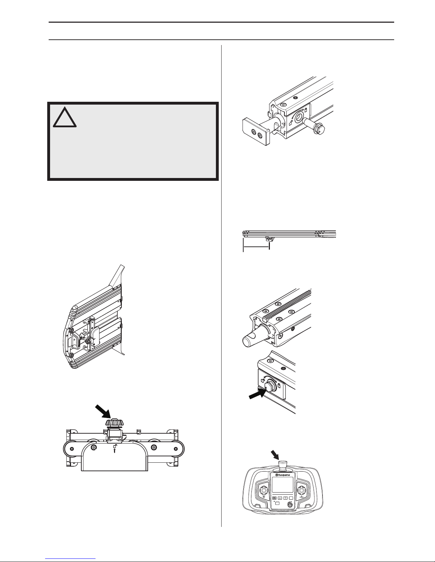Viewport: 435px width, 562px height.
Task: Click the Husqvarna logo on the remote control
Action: (x=282, y=475)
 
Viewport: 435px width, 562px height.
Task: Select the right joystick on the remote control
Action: (x=301, y=490)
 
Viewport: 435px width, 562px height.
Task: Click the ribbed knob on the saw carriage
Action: (x=114, y=423)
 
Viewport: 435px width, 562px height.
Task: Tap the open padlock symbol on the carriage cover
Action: (x=115, y=446)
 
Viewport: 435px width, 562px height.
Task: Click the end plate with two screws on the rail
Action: (x=256, y=132)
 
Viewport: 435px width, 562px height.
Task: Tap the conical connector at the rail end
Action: (x=255, y=338)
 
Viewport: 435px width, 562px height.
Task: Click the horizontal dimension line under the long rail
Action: (x=256, y=247)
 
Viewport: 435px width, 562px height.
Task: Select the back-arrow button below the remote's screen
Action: (x=274, y=498)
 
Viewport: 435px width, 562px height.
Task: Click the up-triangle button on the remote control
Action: (x=280, y=498)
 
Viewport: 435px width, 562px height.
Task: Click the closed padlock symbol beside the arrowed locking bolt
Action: (x=279, y=385)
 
